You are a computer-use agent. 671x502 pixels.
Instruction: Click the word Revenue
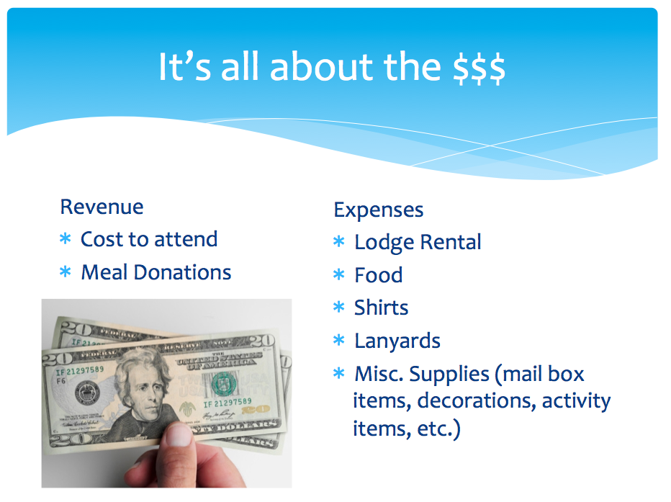pos(102,207)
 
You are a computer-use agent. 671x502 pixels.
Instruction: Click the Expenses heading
pos(379,210)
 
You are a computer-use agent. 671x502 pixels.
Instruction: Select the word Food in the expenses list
pos(379,274)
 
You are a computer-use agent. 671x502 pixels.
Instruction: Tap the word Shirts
pos(382,308)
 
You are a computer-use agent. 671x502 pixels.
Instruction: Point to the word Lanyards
pos(397,341)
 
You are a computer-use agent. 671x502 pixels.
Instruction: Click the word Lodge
pos(384,243)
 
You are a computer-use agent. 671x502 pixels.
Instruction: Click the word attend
pos(186,239)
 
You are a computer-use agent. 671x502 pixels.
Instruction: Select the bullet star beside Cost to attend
pos(65,238)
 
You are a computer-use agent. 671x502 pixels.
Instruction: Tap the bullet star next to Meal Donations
pos(65,272)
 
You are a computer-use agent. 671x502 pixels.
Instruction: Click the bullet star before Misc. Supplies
pos(339,373)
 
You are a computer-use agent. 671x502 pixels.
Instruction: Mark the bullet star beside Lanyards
pos(339,340)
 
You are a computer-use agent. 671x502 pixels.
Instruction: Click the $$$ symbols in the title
pos(479,67)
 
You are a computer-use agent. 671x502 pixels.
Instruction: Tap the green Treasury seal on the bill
pos(224,383)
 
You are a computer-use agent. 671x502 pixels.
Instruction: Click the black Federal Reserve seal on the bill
pos(87,393)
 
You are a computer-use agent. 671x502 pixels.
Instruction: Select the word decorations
pos(477,400)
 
